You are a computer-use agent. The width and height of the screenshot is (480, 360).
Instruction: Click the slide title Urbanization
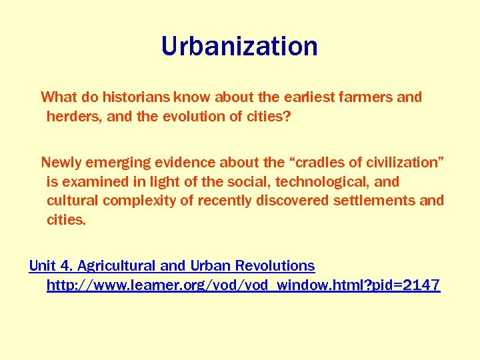[239, 46]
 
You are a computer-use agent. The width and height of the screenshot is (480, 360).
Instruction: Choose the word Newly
[61, 163]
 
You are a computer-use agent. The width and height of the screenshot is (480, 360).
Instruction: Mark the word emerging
[119, 163]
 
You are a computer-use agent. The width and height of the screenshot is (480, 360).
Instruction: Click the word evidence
[187, 163]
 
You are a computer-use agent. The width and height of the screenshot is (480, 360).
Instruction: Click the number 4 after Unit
[65, 265]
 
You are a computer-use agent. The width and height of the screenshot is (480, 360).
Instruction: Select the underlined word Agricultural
[117, 265]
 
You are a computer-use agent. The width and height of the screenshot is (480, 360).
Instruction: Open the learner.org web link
[243, 285]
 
